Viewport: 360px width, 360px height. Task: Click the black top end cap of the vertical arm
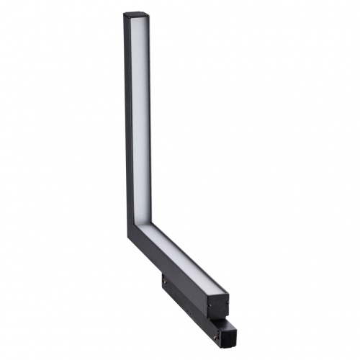pos(138,15)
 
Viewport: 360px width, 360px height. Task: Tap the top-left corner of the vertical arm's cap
pos(124,14)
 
